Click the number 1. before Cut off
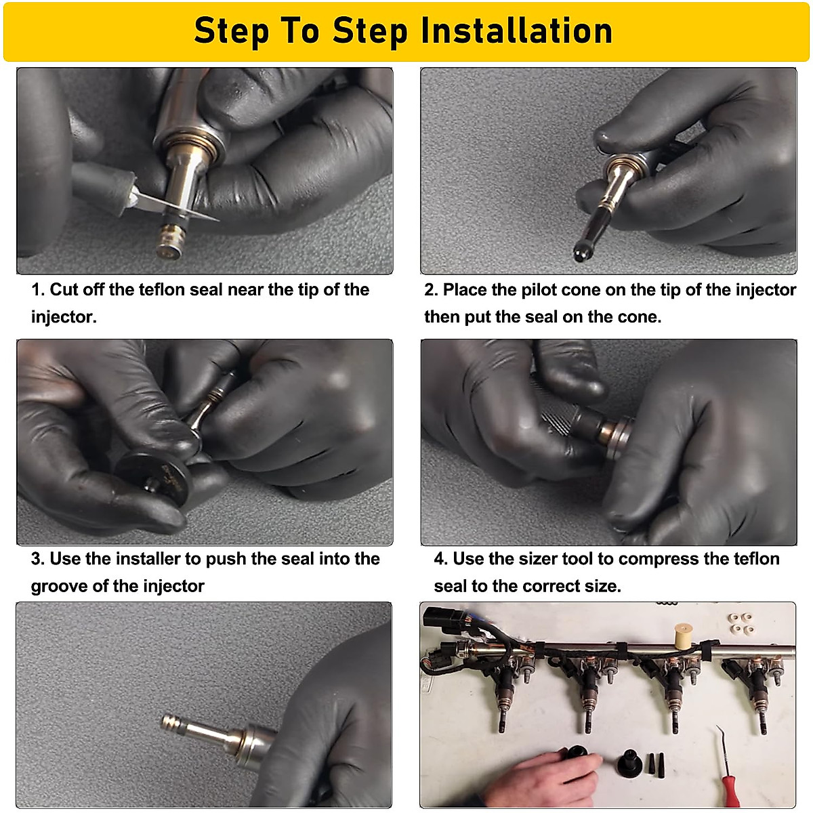point(38,290)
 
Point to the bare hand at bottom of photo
point(542,779)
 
